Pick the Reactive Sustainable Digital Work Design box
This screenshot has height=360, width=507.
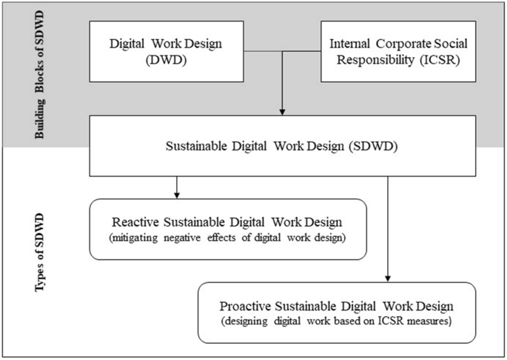(x=228, y=229)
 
